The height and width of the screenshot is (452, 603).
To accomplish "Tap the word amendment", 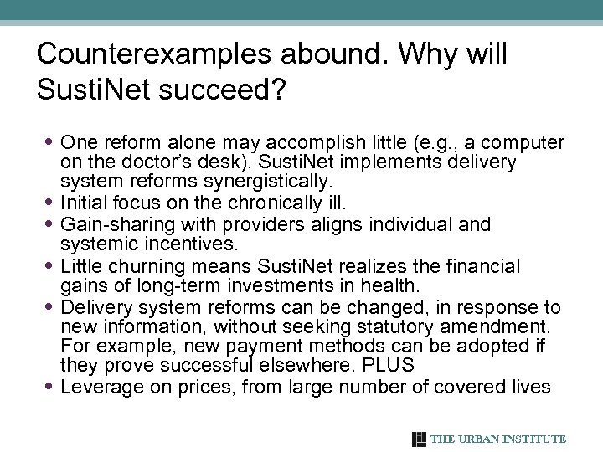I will click(484, 326).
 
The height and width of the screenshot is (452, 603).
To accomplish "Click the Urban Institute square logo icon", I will click(419, 439).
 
